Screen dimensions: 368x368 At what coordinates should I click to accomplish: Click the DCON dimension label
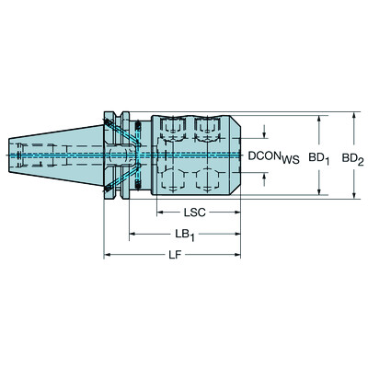pyautogui.click(x=265, y=156)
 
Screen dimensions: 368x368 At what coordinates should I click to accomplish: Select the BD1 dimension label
pyautogui.click(x=318, y=157)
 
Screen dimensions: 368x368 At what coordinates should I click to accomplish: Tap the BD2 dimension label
pyautogui.click(x=352, y=157)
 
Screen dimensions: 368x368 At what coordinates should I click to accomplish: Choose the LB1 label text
pyautogui.click(x=185, y=234)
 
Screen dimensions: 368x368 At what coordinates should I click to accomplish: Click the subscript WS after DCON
pyautogui.click(x=292, y=160)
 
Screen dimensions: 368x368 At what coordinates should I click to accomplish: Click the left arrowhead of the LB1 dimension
pyautogui.click(x=132, y=234)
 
